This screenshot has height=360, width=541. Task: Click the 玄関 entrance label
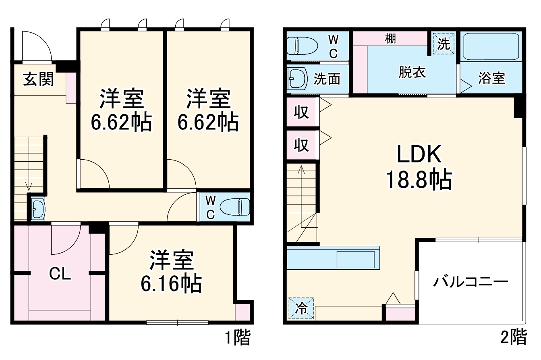pos(38,79)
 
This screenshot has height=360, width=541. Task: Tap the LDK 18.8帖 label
pos(419,167)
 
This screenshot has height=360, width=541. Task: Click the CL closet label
pos(60,274)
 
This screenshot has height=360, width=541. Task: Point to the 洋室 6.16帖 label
pos(171,272)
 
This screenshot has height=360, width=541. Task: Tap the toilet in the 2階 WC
pos(302,46)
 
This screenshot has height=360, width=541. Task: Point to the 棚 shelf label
pos(390,39)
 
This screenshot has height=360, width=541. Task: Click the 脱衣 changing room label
pos(412,73)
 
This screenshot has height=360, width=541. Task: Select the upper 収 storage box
pos(302,112)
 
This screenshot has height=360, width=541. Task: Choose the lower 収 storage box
pos(302,144)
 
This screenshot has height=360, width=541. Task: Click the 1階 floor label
pos(238,338)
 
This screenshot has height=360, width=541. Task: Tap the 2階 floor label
pos(514,338)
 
